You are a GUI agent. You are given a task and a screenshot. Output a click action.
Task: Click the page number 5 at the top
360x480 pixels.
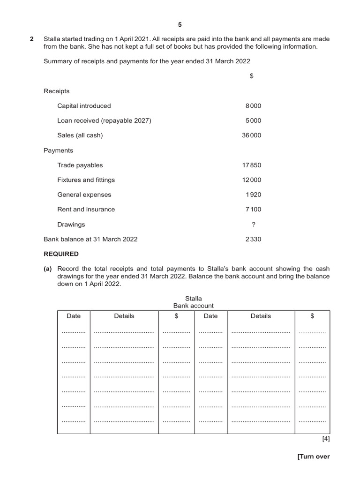[180, 24]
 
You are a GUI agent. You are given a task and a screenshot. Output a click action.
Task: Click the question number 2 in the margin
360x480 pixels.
[32, 39]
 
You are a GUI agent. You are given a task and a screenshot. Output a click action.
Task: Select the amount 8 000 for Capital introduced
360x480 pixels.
[253, 106]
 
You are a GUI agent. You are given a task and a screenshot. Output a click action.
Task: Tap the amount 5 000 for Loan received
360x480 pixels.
[253, 120]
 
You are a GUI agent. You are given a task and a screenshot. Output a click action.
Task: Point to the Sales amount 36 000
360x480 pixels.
[252, 135]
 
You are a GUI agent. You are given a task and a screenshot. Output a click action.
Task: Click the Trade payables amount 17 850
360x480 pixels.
[252, 165]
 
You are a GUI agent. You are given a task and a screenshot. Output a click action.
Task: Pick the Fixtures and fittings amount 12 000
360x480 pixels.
[252, 180]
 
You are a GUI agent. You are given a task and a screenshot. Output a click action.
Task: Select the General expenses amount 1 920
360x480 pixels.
[253, 195]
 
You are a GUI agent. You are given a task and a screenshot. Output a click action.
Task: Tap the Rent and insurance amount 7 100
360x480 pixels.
[253, 210]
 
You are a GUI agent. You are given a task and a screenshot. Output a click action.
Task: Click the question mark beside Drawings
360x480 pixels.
[254, 225]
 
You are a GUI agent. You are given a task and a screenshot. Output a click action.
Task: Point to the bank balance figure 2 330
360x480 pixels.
[253, 239]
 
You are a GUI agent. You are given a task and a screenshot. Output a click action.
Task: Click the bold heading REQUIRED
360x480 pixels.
[61, 254]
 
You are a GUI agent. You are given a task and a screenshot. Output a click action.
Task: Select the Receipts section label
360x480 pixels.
[56, 91]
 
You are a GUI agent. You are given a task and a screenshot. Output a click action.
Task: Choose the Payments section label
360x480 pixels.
[58, 150]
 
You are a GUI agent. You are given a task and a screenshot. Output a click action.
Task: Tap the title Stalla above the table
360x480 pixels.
[194, 298]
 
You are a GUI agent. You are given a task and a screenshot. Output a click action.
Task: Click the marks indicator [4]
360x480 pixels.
[326, 439]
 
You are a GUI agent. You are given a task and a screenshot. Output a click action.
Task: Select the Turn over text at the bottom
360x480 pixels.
[314, 457]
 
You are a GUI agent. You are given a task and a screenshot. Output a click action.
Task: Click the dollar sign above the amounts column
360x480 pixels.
[252, 76]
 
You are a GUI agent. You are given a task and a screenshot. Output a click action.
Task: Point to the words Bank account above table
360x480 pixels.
[194, 306]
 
